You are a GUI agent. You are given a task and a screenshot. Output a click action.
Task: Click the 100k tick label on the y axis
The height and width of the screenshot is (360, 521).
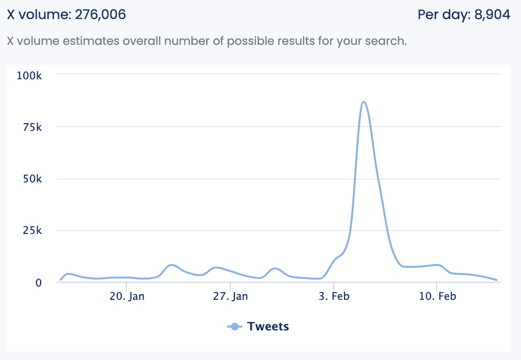pyautogui.click(x=30, y=75)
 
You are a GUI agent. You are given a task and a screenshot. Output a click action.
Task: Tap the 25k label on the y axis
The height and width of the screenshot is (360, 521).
pyautogui.click(x=32, y=231)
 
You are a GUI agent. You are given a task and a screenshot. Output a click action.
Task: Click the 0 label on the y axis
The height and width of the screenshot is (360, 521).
pyautogui.click(x=39, y=283)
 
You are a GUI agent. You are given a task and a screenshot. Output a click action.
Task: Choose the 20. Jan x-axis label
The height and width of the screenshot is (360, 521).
pyautogui.click(x=127, y=296)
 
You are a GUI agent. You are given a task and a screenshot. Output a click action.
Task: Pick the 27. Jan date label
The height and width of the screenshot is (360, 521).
pyautogui.click(x=230, y=296)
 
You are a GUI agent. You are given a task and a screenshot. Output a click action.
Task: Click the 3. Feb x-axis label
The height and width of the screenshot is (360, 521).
pyautogui.click(x=334, y=296)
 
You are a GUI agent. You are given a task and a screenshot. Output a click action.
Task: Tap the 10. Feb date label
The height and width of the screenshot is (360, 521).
pyautogui.click(x=437, y=296)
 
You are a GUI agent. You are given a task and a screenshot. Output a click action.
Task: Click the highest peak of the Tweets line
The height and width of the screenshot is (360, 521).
pyautogui.click(x=364, y=102)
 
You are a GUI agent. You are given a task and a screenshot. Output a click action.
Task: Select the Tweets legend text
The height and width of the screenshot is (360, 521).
pyautogui.click(x=268, y=327)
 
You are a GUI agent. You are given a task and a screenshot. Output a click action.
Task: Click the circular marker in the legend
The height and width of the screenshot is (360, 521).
pyautogui.click(x=234, y=327)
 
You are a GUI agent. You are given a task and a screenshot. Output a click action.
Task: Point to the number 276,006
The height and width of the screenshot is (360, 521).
pyautogui.click(x=100, y=15)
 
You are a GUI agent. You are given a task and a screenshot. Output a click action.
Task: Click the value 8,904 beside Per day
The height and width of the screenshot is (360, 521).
pyautogui.click(x=492, y=15)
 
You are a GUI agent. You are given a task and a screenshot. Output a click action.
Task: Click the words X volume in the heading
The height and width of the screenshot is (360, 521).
pyautogui.click(x=38, y=15)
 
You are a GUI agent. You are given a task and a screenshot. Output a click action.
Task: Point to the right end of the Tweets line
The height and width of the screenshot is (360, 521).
pyautogui.click(x=497, y=280)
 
